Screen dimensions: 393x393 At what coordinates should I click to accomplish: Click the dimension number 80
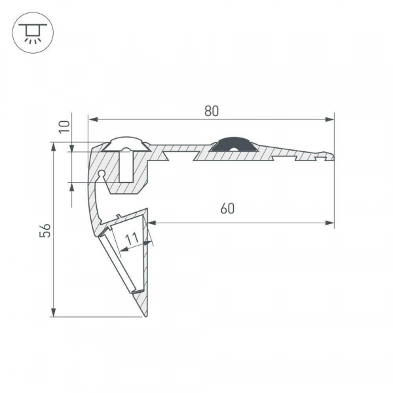[x=210, y=111]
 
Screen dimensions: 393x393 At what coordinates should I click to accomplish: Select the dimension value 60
[x=227, y=209]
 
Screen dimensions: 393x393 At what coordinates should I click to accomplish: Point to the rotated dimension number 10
[x=64, y=126]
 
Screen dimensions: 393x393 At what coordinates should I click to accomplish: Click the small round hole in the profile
[x=102, y=174]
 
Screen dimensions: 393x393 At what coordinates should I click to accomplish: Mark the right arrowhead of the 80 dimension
[x=329, y=119]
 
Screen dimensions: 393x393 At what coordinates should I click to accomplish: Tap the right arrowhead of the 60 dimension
[x=329, y=224]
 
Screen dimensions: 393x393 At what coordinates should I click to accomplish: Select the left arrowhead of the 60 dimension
[x=153, y=224]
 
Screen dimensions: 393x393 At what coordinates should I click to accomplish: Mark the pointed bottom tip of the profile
[x=145, y=316]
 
